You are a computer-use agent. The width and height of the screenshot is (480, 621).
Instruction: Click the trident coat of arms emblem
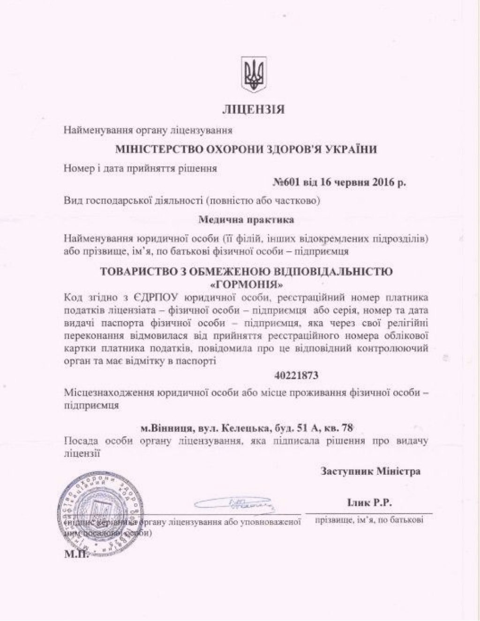pos(254,75)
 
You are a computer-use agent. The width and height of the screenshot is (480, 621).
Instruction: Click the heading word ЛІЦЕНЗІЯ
pos(254,110)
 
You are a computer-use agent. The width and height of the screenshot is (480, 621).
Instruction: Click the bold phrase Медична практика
pos(247,219)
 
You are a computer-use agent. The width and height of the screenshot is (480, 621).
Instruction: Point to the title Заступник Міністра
pos(370,471)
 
